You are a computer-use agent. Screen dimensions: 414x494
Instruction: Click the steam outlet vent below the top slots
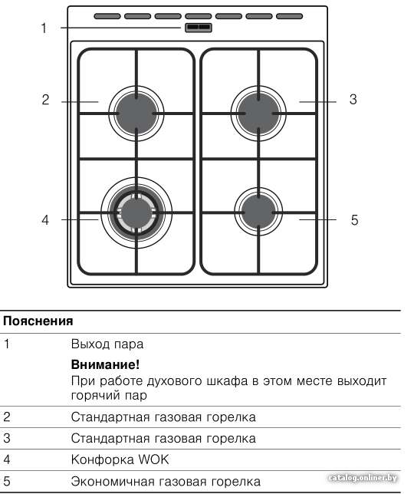[198, 28]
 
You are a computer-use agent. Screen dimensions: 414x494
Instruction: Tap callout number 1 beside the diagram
[44, 28]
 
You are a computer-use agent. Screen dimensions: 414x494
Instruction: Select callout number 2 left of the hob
[46, 100]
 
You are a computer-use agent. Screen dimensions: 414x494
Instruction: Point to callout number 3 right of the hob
[353, 100]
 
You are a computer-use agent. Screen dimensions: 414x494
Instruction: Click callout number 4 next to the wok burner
[46, 219]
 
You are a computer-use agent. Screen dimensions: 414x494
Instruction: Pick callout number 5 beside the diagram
[354, 220]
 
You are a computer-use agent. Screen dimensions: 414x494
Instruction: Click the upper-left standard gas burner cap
[136, 114]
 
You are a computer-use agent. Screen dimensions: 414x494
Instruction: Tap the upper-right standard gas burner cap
[258, 114]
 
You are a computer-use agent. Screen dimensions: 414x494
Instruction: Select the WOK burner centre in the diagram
[136, 213]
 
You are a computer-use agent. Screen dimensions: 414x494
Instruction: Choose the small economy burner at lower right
[258, 212]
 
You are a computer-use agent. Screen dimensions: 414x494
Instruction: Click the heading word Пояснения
[38, 321]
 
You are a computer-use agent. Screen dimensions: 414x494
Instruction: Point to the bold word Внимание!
[105, 364]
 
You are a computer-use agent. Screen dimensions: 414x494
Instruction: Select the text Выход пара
[107, 344]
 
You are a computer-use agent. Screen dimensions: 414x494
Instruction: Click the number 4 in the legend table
[7, 459]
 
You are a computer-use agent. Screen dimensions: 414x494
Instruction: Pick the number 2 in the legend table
[7, 417]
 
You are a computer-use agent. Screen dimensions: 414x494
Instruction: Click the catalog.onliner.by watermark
[363, 478]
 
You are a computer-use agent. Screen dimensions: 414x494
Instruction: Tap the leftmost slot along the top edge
[107, 16]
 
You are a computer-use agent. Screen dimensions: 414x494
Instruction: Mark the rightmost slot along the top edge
[289, 16]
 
